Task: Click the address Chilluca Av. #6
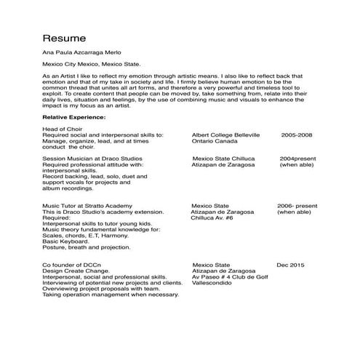pos(212,217)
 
